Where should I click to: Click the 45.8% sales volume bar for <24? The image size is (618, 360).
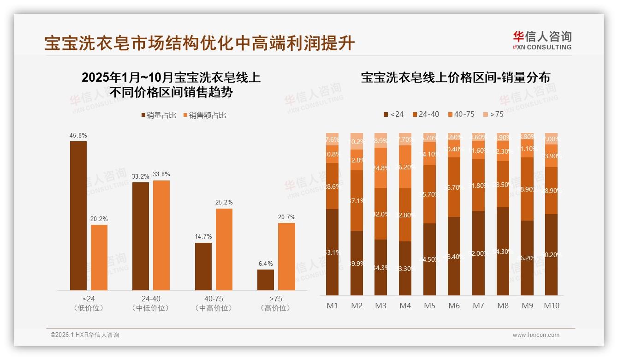pos(78,216)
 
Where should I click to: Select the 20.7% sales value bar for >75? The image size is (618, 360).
pos(286,257)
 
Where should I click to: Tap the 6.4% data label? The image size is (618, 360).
pos(266,264)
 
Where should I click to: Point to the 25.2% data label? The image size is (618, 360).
pos(224,202)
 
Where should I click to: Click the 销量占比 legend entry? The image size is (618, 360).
pos(158,115)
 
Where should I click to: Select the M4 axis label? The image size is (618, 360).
pos(405,306)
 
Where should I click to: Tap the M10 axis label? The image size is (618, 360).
pos(551,306)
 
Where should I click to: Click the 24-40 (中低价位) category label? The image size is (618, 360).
pos(150,303)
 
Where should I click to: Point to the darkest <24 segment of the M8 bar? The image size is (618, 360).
pos(503,251)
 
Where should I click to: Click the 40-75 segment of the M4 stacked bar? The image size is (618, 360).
pos(405,167)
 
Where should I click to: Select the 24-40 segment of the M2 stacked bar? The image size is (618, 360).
pos(357,200)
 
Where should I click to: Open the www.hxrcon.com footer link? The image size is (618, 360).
pos(536,335)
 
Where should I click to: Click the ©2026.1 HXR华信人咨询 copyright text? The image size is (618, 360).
pos(85,335)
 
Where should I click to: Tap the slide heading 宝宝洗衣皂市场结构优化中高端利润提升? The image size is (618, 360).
pos(199,43)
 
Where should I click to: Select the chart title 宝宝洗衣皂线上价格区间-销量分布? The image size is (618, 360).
pos(455,78)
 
